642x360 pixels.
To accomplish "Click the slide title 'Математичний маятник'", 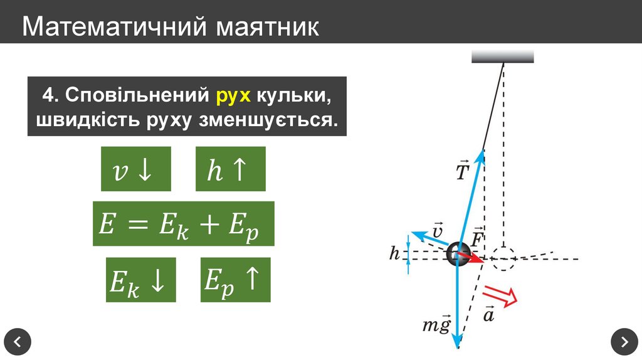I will point(171,27).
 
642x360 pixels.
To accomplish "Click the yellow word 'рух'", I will point(234,96).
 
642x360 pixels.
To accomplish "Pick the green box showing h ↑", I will point(230,169).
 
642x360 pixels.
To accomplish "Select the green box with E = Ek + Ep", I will point(184,224).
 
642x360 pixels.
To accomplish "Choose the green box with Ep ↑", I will point(235,280).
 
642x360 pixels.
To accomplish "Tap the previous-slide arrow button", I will point(18,342).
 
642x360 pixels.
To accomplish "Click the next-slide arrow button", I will point(624,342).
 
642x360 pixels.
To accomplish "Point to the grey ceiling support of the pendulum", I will point(502,56).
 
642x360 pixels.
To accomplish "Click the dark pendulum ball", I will point(458,254).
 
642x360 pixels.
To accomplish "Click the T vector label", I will point(462,171).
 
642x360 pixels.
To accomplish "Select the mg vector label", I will point(436,325).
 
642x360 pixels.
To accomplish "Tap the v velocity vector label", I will point(438,230).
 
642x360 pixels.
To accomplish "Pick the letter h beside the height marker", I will point(394,253).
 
